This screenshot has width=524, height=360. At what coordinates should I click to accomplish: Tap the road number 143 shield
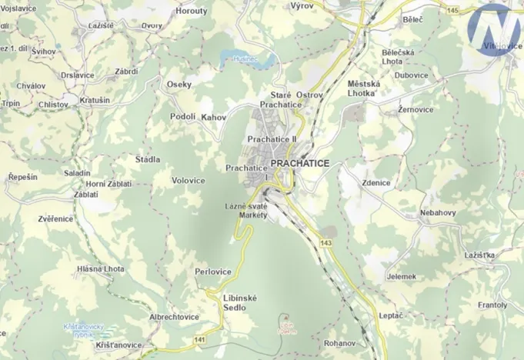coord(325,244)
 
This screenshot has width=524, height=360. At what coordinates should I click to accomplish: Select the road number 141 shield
coord(199,339)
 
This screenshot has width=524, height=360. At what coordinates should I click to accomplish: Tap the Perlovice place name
coord(213,272)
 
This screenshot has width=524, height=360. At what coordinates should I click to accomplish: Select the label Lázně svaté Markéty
coord(246,211)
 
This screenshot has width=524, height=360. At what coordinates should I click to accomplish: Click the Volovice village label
coord(189,181)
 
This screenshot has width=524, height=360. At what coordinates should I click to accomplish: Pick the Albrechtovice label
coord(174,317)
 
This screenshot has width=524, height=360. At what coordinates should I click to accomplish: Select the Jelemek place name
coord(402,276)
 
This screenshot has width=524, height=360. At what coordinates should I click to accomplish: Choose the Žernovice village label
coord(416,110)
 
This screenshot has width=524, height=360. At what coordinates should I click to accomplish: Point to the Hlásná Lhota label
coord(101,268)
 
